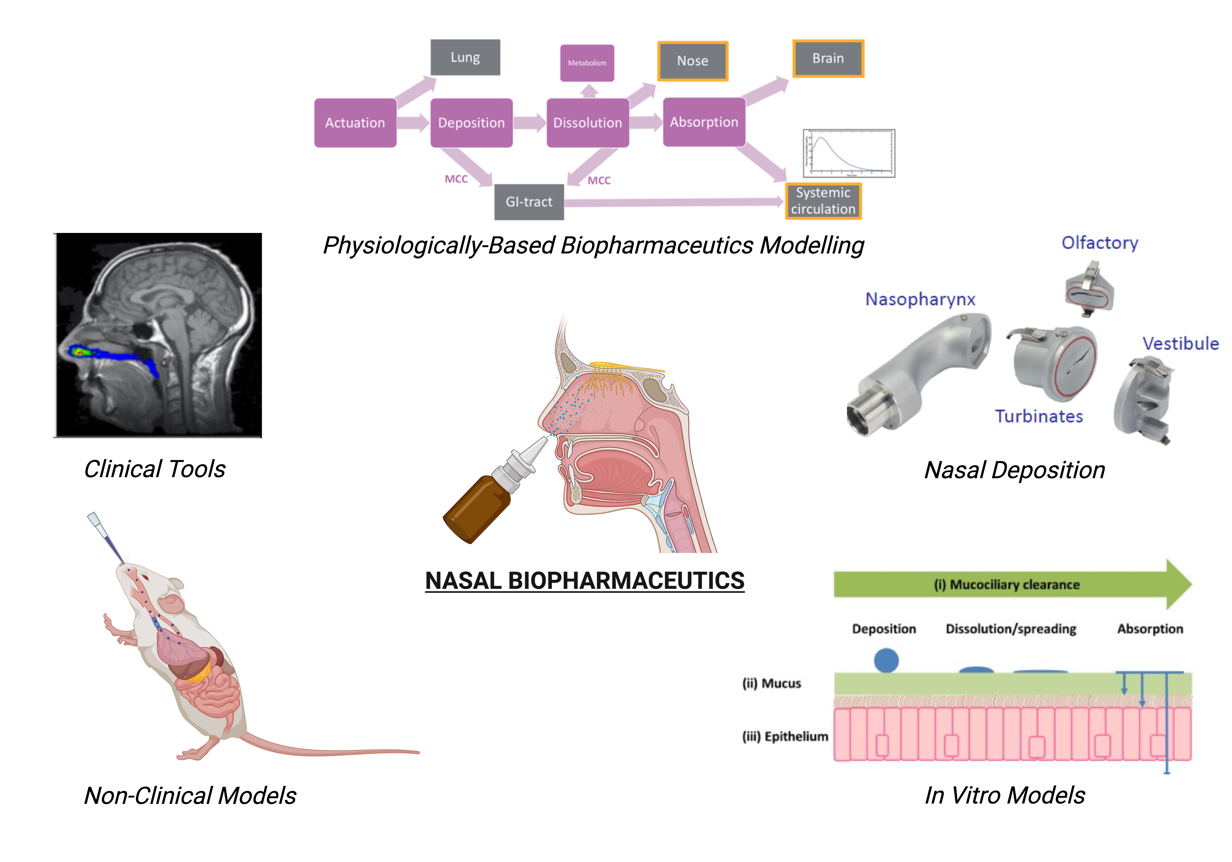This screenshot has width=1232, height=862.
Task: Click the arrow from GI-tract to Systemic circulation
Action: pos(671,202)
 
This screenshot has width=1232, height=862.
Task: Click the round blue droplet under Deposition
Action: pos(886,660)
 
